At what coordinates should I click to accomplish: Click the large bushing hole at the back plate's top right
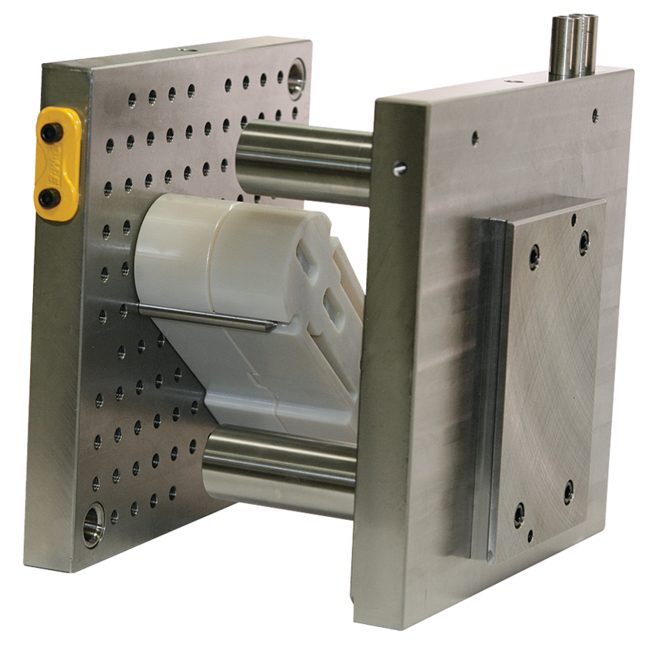(296, 79)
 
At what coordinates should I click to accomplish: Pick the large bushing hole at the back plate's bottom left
(93, 513)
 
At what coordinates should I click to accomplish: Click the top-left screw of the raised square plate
(532, 253)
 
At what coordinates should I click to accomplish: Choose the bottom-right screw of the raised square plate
(568, 488)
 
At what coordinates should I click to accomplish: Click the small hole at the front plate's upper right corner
(594, 117)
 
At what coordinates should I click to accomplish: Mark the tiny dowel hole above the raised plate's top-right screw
(574, 220)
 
